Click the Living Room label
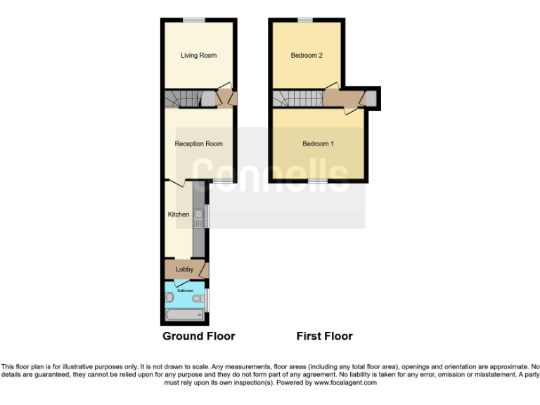pos(198,55)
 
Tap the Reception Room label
pos(198,143)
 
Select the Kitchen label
pos(178,214)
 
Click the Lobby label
pos(184,269)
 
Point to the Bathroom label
pos(185,290)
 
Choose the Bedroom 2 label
pos(306,55)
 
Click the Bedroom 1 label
pos(318,143)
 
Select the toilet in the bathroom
pos(199,298)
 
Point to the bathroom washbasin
pos(169,297)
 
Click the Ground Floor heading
pos(199,336)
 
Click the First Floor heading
pos(324,336)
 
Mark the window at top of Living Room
pos(194,20)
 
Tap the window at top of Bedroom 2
pos(304,20)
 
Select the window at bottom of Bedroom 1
pos(318,181)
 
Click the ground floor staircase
pos(184,99)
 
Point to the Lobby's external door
pos(205,269)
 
